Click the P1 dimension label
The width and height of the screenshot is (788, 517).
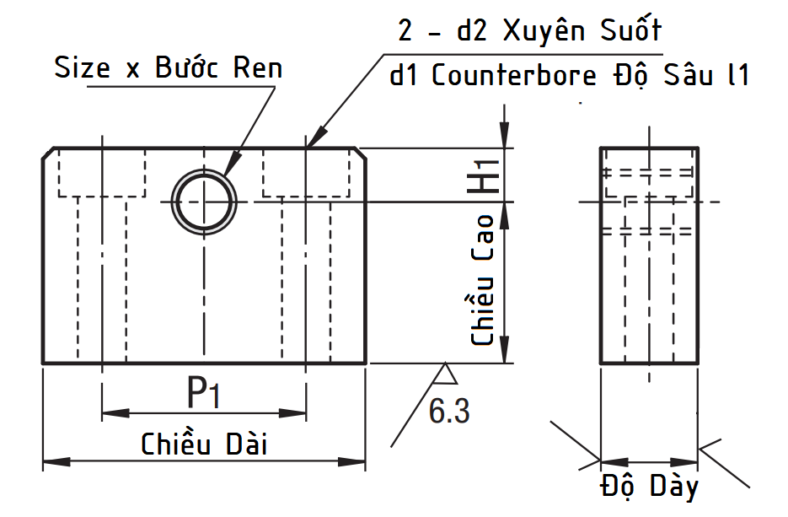[203, 392]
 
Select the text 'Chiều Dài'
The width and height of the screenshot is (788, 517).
[204, 443]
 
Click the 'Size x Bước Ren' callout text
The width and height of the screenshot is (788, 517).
[168, 67]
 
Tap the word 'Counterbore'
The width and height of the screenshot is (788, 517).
[516, 75]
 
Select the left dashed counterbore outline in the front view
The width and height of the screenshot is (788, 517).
[101, 175]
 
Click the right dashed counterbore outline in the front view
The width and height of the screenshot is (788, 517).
[304, 175]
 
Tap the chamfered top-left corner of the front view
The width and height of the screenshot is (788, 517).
[50, 153]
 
